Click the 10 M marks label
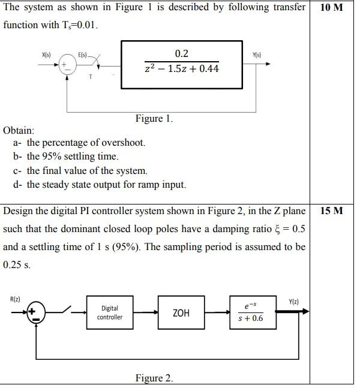click(332, 8)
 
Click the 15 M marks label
click(332, 211)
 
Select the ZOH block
click(181, 312)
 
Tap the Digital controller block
click(109, 312)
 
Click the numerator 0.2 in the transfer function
click(182, 53)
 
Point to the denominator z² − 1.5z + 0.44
click(182, 68)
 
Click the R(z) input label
click(16, 298)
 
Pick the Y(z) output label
click(295, 300)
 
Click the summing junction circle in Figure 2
click(35, 312)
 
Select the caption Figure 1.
click(154, 118)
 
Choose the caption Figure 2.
click(154, 378)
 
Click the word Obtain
click(19, 130)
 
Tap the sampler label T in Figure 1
click(90, 76)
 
